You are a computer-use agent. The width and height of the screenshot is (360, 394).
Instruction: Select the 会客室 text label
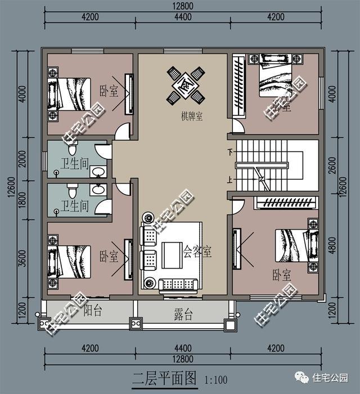[x=197, y=251]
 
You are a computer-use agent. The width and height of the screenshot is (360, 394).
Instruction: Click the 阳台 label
[x=93, y=310]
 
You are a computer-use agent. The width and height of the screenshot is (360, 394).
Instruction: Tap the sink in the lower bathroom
[x=97, y=190]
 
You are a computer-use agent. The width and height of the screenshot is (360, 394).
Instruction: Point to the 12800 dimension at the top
[x=183, y=6]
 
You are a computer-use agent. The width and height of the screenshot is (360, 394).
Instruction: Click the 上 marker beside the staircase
[x=230, y=181]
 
